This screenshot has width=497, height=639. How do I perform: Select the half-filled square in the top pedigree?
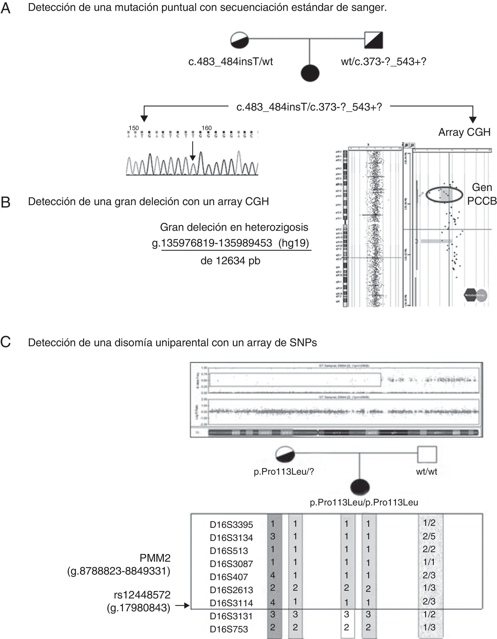coord(373,40)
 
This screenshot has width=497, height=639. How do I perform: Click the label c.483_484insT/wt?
coord(231,62)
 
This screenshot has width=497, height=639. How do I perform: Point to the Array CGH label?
coord(464,132)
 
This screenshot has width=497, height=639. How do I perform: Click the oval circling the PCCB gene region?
coord(444,194)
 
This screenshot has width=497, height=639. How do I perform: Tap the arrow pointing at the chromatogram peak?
coord(192,151)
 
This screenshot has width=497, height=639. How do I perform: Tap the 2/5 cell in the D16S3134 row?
coord(429,536)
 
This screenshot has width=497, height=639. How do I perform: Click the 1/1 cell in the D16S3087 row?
coord(429,562)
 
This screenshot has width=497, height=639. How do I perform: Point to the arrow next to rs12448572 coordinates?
coord(183,605)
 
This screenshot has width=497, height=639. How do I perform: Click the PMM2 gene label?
coord(155,558)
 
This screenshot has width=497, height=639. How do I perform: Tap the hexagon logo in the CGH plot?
coord(471,295)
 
